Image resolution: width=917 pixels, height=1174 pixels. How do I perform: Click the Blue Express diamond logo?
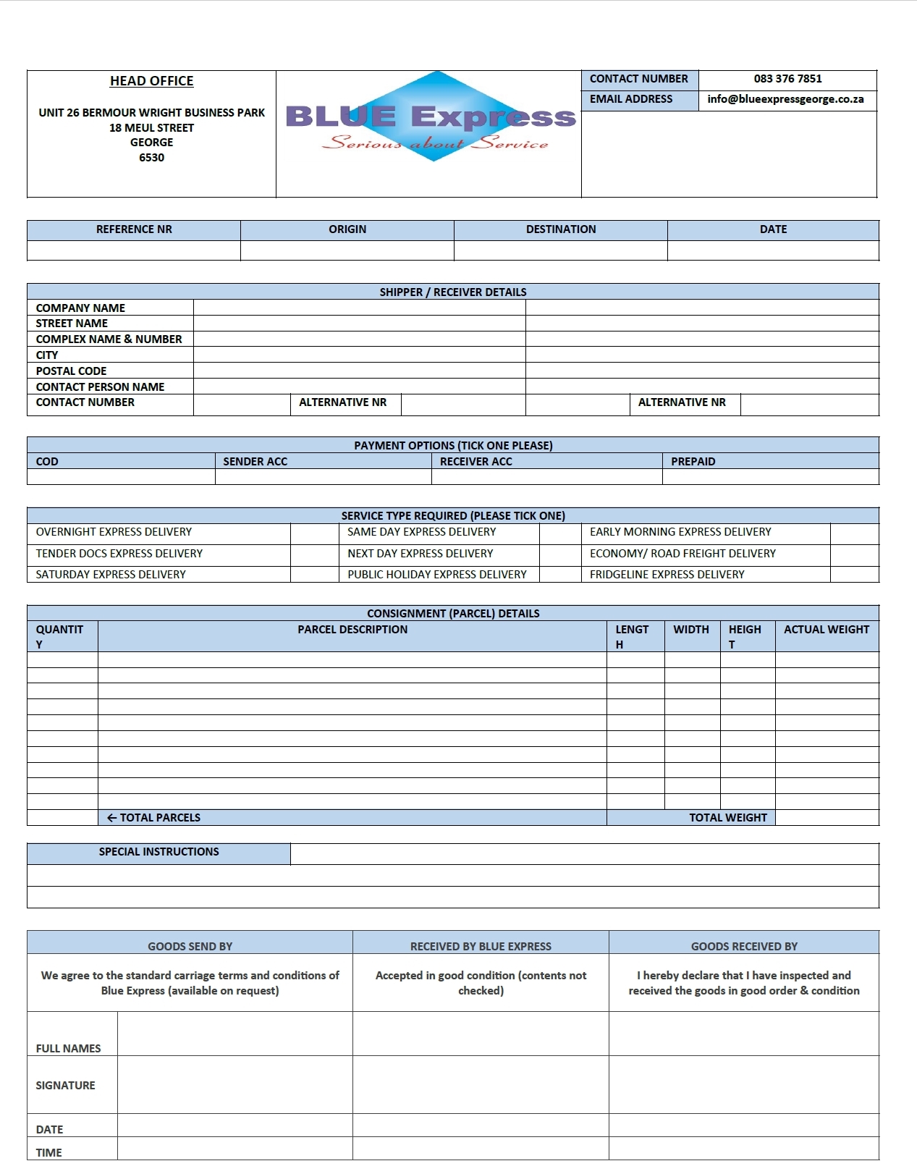433,116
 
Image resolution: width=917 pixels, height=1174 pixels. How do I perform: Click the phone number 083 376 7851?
787,79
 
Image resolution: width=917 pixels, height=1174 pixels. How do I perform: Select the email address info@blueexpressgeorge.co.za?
785,99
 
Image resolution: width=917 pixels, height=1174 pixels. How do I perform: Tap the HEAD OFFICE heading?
151,81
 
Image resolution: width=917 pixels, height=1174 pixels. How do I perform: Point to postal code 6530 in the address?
151,158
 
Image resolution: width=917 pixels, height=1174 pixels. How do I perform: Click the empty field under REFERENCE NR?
134,250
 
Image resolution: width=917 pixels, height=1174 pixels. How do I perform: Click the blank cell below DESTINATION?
560,250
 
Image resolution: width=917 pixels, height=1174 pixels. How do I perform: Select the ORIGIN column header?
347,229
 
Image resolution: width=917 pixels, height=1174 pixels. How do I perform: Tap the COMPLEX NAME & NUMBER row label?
109,339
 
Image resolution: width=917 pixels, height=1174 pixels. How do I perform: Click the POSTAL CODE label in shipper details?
71,371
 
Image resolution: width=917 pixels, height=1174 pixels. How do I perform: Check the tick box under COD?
121,477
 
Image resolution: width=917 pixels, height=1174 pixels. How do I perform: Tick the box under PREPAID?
770,477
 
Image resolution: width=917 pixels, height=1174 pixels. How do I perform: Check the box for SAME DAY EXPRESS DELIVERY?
559,533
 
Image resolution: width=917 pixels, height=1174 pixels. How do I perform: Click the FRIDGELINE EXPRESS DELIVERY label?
667,575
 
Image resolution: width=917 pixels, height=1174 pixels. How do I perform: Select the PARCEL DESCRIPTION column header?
352,630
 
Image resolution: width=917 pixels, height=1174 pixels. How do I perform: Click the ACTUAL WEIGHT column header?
826,630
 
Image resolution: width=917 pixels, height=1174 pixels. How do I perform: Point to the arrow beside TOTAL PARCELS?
111,818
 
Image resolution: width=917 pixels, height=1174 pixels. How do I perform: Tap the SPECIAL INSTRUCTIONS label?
159,852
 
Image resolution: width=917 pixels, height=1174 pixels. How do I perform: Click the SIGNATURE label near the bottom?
65,1085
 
